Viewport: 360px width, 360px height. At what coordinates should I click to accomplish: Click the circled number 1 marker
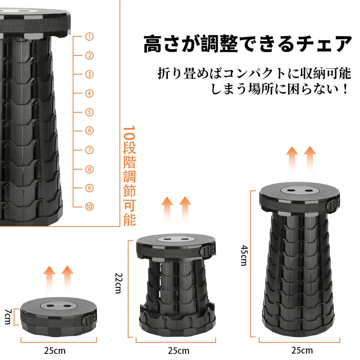[x=89, y=36]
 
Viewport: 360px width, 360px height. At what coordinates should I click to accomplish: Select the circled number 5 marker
[x=89, y=112]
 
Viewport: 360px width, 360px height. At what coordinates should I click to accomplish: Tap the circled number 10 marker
[x=89, y=206]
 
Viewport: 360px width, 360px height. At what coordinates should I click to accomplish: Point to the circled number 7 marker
[x=89, y=150]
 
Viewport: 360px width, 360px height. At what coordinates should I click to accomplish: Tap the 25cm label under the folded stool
[x=55, y=350]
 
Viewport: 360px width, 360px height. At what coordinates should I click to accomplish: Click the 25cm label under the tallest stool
[x=302, y=350]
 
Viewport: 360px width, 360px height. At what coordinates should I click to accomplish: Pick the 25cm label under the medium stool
[x=179, y=350]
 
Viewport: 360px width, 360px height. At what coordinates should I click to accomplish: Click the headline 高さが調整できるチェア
[x=248, y=45]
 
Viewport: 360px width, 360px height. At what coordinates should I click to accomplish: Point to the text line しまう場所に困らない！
[x=280, y=89]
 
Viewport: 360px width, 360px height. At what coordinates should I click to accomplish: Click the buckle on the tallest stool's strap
[x=332, y=206]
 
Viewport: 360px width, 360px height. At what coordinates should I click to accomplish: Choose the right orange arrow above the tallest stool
[x=310, y=158]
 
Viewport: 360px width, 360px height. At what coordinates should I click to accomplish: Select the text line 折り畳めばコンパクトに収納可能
[x=254, y=73]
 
